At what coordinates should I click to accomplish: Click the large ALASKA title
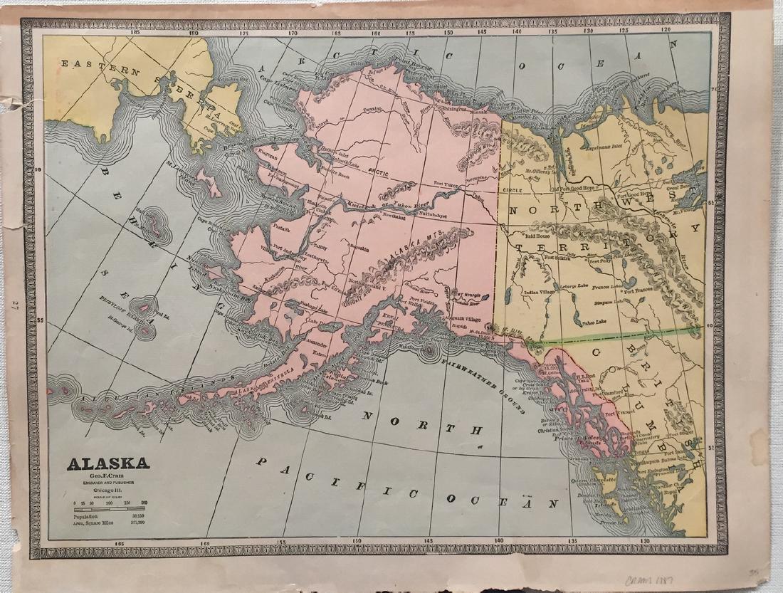coord(108,463)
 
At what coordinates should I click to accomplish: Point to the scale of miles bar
coord(108,508)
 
